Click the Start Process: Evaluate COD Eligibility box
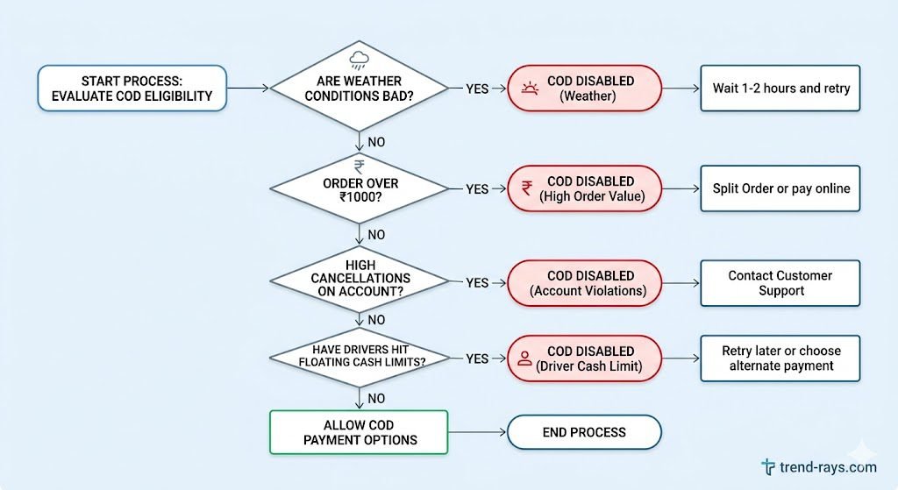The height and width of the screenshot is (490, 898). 132,88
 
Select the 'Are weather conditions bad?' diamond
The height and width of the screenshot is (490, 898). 359,88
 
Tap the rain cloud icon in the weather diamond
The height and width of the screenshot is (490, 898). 359,60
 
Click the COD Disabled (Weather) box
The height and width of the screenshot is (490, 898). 584,88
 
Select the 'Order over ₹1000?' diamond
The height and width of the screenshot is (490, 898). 359,189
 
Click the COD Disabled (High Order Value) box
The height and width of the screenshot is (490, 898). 584,188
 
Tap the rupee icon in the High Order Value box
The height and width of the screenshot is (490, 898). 527,188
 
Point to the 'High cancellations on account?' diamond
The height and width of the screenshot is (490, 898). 359,283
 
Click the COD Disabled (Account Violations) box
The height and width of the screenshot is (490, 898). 584,282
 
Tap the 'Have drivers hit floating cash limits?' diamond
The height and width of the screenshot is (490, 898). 359,358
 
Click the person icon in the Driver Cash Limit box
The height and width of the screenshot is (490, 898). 525,358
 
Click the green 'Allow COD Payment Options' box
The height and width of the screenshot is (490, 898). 359,432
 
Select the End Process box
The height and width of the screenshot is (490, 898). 584,432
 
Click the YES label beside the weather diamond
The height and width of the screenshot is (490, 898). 477,89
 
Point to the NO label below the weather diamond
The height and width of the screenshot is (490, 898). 374,141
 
